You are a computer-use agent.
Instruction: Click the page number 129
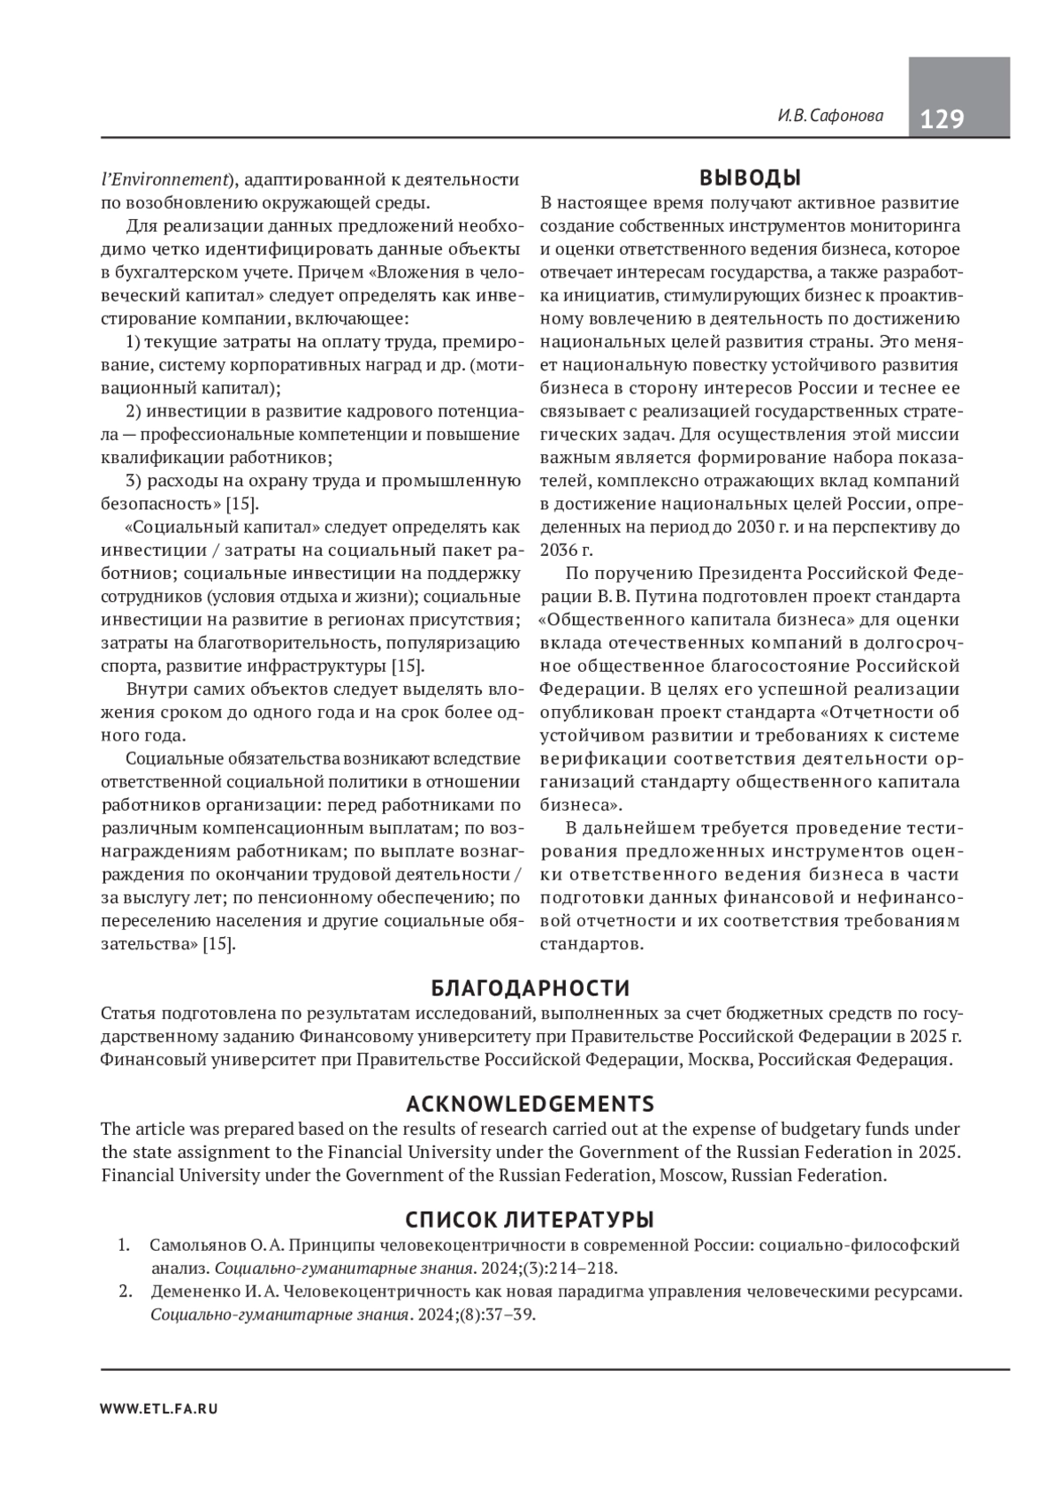point(942,118)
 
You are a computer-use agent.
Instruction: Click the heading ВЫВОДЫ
point(750,178)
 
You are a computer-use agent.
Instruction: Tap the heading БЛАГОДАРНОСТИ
point(530,987)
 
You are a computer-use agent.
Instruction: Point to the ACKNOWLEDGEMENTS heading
point(530,1104)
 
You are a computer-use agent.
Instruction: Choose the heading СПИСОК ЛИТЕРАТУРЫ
point(530,1221)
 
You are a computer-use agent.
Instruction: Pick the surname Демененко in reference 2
point(193,1291)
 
